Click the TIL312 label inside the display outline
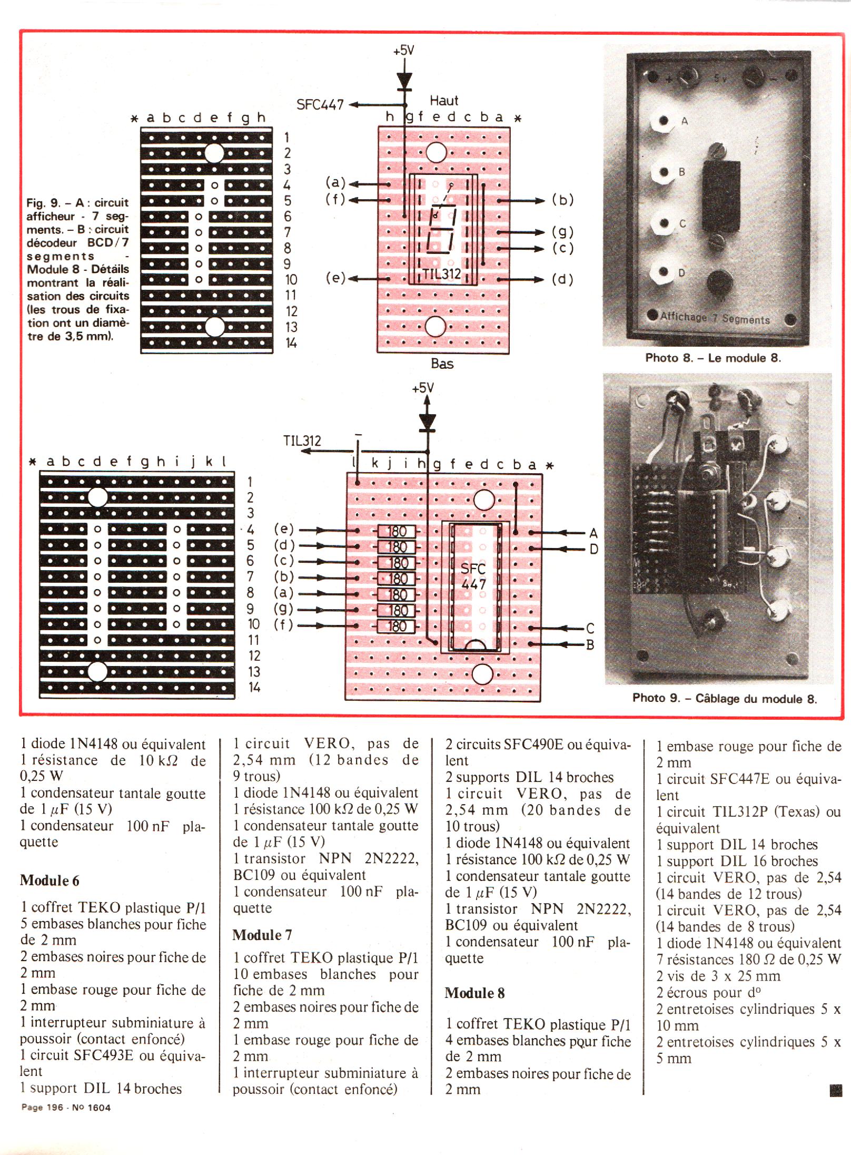pyautogui.click(x=441, y=274)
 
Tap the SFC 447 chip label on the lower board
pyautogui.click(x=473, y=576)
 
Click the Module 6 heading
pyautogui.click(x=50, y=880)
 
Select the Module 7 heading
pyautogui.click(x=262, y=935)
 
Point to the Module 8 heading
pyautogui.click(x=474, y=993)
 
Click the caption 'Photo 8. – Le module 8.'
pyautogui.click(x=713, y=358)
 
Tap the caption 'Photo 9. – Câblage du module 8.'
pyautogui.click(x=724, y=699)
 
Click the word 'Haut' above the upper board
pyautogui.click(x=444, y=100)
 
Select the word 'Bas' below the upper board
pyautogui.click(x=442, y=364)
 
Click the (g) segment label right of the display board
pyautogui.click(x=562, y=232)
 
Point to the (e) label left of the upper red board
pyautogui.click(x=335, y=278)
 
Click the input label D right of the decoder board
pyautogui.click(x=593, y=549)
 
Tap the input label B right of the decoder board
pyautogui.click(x=590, y=644)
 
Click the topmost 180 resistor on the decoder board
pyautogui.click(x=397, y=531)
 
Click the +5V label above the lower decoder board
pyautogui.click(x=423, y=388)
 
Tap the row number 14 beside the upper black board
pyautogui.click(x=291, y=343)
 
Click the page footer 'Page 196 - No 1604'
pyautogui.click(x=66, y=1107)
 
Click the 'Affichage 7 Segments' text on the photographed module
pyautogui.click(x=715, y=318)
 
